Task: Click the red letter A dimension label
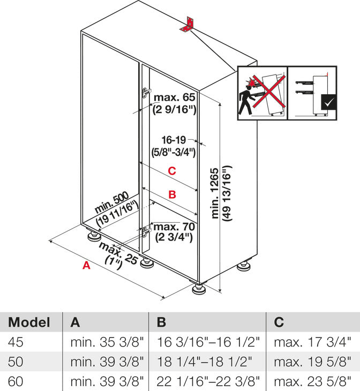pyautogui.click(x=86, y=265)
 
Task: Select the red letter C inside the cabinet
pyautogui.click(x=171, y=171)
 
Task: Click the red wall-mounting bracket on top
pyautogui.click(x=189, y=24)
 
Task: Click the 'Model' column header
pyautogui.click(x=29, y=322)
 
